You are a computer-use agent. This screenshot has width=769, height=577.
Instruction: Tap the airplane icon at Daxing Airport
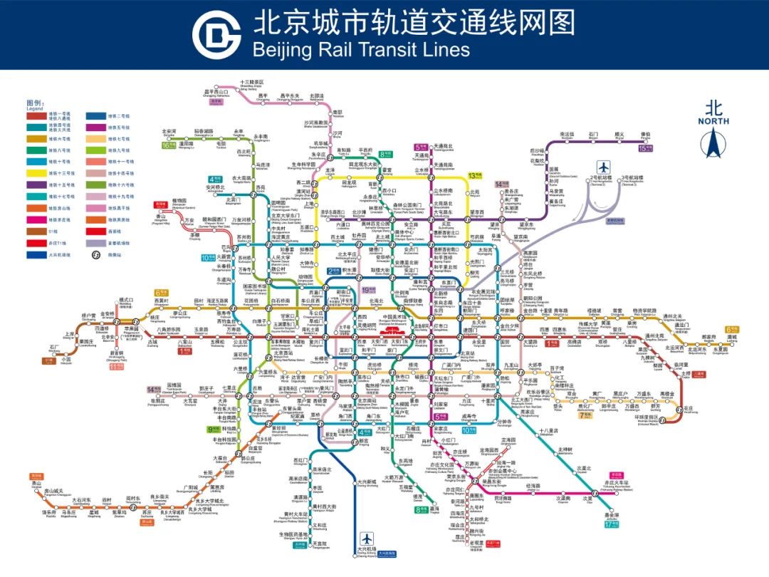coord(367,538)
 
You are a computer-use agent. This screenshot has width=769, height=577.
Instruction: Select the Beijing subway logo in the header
coord(217,34)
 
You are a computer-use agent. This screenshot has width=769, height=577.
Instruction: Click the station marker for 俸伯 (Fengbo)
coord(646,140)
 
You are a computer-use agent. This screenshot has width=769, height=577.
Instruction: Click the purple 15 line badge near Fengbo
coord(646,149)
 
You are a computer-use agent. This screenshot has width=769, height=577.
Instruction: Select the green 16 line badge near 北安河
coord(169,145)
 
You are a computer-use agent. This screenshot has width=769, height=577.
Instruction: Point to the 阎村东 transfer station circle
coord(147,504)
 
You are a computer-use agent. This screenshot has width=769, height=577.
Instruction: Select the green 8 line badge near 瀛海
coord(421,509)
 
